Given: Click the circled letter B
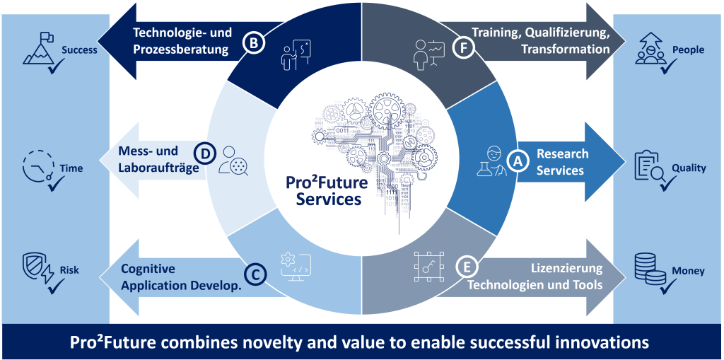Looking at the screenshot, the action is (x=254, y=43).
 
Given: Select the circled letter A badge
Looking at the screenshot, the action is (x=518, y=161).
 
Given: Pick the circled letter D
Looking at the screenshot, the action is (x=203, y=152).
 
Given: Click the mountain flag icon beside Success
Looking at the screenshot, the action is (x=39, y=48).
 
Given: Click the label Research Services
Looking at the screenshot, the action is (x=562, y=162).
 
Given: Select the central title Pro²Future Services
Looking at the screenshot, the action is (x=327, y=191).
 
